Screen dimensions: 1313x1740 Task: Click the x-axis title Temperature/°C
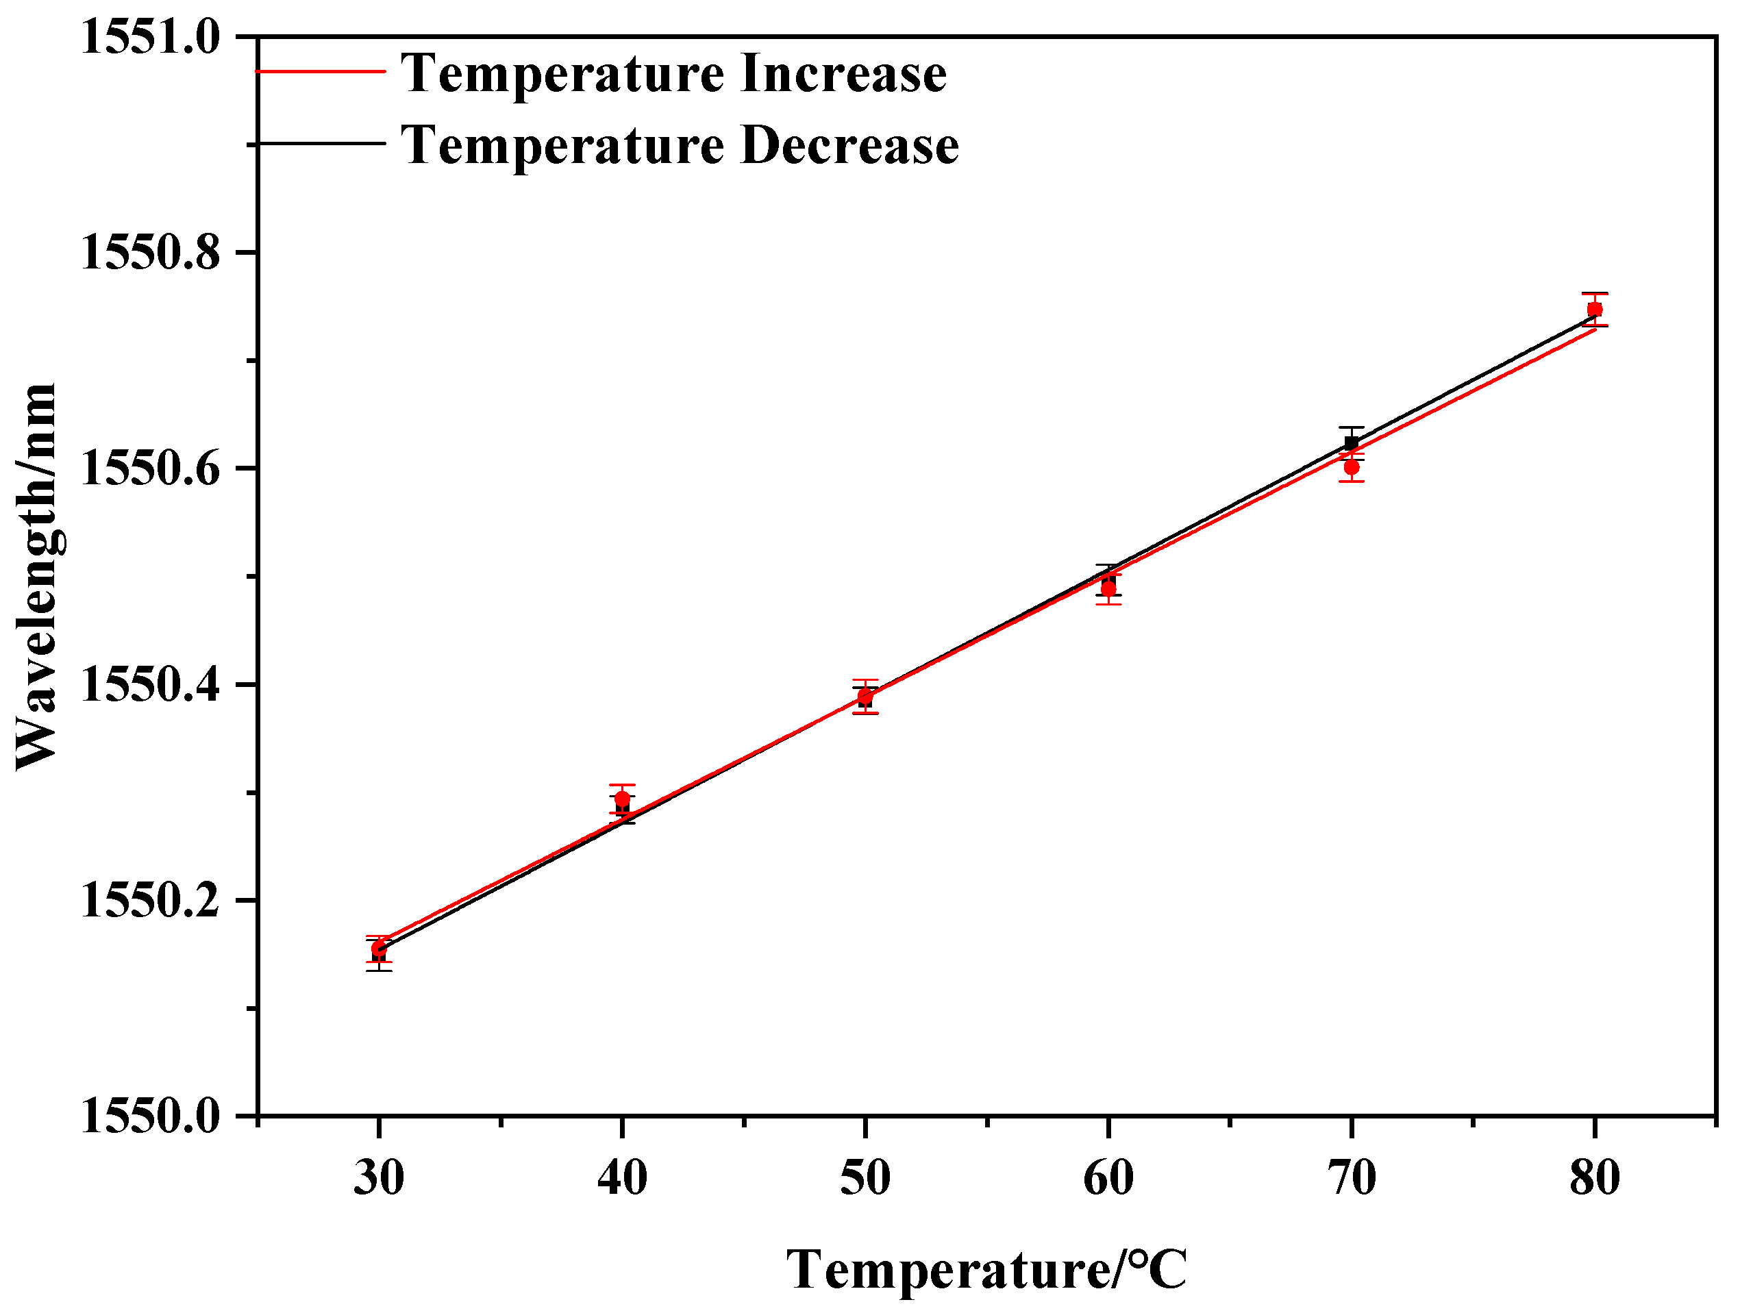pos(986,1270)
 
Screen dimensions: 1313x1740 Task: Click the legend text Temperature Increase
pos(674,73)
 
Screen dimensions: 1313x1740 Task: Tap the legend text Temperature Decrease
pos(680,145)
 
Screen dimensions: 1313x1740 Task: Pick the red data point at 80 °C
pos(1595,309)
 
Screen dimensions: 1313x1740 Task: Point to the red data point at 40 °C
pos(622,799)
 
